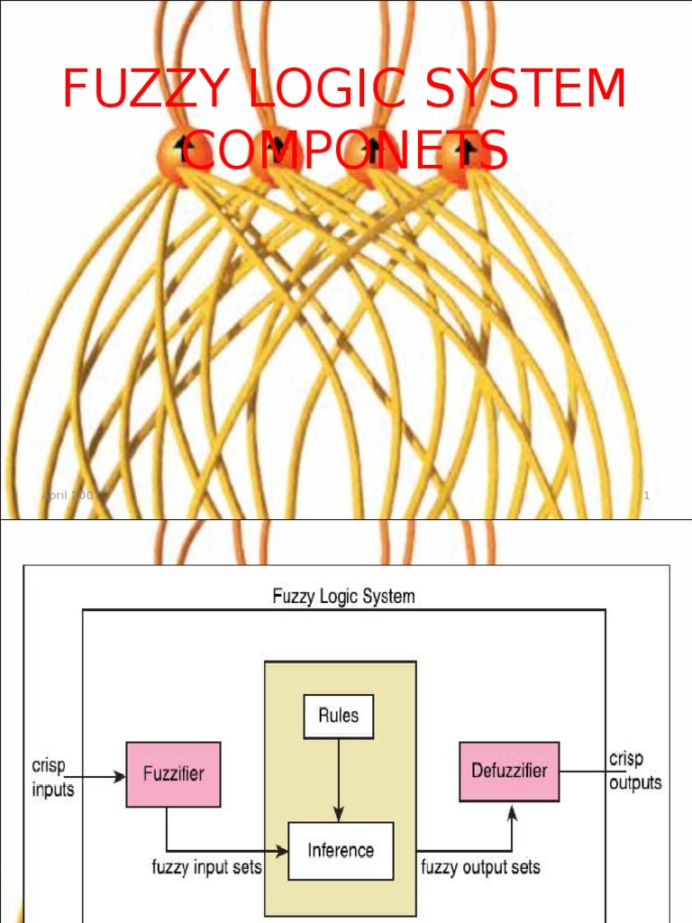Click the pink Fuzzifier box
tap(173, 773)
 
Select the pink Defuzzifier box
tap(509, 771)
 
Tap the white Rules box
tap(338, 716)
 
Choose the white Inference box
tap(341, 850)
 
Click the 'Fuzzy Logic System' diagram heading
tap(343, 597)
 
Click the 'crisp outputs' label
tap(635, 771)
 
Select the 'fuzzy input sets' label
tap(206, 868)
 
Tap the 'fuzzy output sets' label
tap(480, 868)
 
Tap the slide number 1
tap(646, 497)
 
